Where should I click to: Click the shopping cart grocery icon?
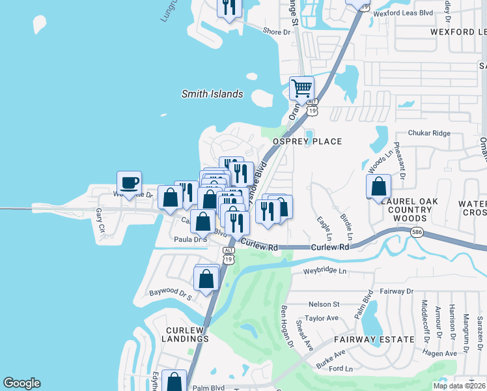point(301,87)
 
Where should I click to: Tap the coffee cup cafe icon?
point(129,182)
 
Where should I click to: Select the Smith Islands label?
point(212,94)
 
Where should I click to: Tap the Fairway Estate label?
point(374,340)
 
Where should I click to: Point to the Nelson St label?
point(324,304)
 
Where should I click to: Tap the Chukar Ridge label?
point(428,133)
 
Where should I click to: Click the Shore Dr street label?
point(276,31)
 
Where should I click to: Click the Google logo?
point(21,383)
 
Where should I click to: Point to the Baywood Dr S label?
point(170,295)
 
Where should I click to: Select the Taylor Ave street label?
point(322,319)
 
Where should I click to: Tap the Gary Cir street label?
point(100,220)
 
